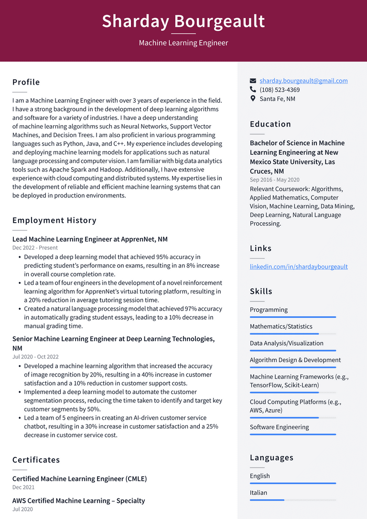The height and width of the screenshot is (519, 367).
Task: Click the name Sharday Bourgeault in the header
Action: pyautogui.click(x=183, y=22)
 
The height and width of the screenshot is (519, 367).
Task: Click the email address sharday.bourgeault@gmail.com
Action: pyautogui.click(x=303, y=81)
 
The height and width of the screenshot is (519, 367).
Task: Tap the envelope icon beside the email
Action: pyautogui.click(x=253, y=81)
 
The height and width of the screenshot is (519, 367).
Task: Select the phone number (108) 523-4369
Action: pyautogui.click(x=280, y=90)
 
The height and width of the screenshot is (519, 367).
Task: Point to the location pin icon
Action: pyautogui.click(x=253, y=98)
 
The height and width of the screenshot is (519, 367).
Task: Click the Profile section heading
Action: pyautogui.click(x=26, y=82)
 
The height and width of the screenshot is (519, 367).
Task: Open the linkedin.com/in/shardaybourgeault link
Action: pyautogui.click(x=299, y=267)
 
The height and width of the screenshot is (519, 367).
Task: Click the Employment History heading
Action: pyautogui.click(x=54, y=220)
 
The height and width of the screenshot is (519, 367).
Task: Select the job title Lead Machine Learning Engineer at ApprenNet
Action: pyautogui.click(x=90, y=239)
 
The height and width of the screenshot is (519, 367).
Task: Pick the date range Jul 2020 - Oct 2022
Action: pyautogui.click(x=35, y=357)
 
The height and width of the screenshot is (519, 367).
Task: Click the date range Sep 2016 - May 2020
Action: pyautogui.click(x=275, y=180)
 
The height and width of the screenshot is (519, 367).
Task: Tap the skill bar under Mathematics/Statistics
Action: pyautogui.click(x=292, y=334)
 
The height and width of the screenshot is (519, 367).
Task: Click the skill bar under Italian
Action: pyautogui.click(x=292, y=500)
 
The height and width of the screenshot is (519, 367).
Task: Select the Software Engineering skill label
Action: pyautogui.click(x=279, y=427)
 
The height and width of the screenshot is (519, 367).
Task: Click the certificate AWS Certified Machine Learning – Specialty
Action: pyautogui.click(x=78, y=501)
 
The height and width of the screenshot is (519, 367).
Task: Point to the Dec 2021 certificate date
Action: pyautogui.click(x=23, y=487)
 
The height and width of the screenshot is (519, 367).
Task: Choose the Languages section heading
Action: pyautogui.click(x=271, y=458)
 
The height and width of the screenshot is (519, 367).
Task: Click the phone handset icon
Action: pyautogui.click(x=253, y=89)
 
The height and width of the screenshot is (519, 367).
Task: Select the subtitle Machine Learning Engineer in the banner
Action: pyautogui.click(x=183, y=43)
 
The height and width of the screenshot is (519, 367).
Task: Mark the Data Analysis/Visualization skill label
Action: pyautogui.click(x=286, y=343)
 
